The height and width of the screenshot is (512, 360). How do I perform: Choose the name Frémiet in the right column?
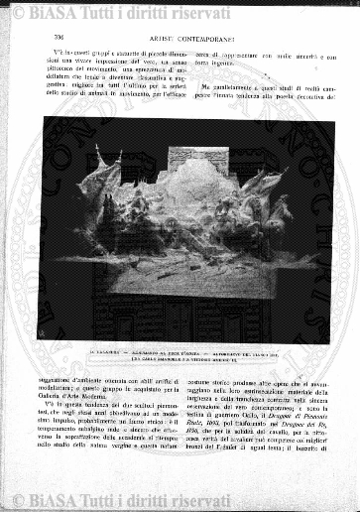238,451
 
